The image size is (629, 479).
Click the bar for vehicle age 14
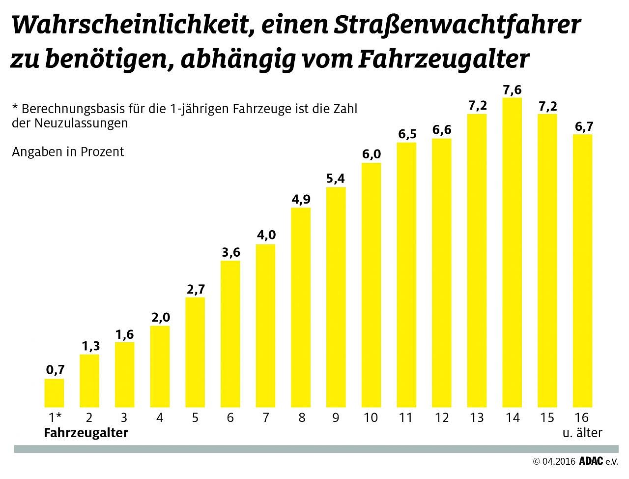512,253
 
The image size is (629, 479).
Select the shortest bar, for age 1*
54,393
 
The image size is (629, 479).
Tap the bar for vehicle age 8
301,307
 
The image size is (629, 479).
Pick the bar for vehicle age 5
195,352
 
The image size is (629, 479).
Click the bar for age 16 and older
582,271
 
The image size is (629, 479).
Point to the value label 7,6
512,90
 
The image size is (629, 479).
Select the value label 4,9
301,199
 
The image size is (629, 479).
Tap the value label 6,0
372,154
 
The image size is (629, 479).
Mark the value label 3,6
230,252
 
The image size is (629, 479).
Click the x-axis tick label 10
371,418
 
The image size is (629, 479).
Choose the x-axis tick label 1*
55,418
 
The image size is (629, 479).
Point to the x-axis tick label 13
477,418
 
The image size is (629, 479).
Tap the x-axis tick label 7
266,418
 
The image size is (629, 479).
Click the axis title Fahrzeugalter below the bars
86,433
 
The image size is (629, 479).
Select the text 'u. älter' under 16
582,433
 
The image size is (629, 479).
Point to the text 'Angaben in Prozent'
68,151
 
